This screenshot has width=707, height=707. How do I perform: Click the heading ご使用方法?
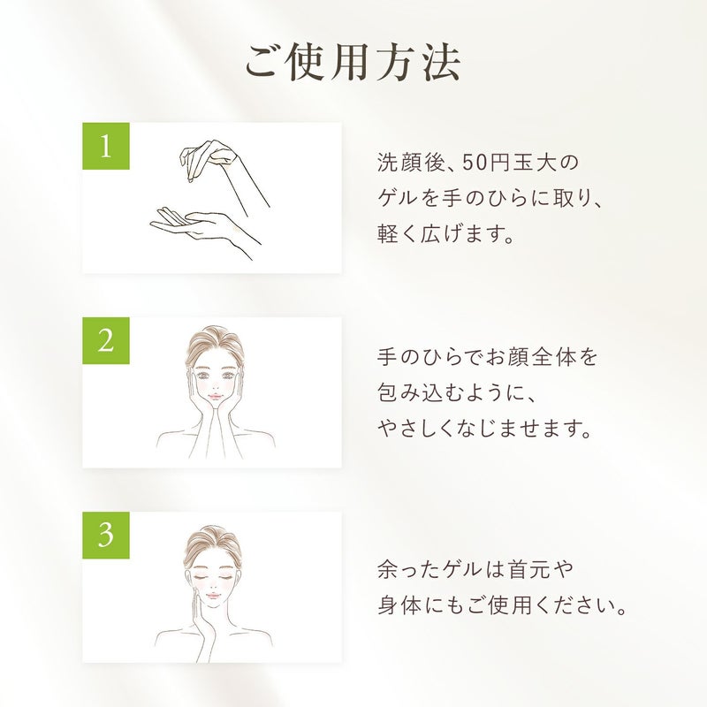[353, 63]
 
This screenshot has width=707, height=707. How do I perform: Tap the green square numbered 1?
[106, 146]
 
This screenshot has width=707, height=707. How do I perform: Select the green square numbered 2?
[106, 341]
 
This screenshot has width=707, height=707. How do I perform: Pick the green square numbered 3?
[106, 536]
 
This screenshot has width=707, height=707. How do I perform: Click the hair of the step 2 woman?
[214, 345]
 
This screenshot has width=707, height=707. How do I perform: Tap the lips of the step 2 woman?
[215, 396]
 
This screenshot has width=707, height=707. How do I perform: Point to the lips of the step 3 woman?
[212, 596]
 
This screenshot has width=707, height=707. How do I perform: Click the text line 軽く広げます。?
[445, 234]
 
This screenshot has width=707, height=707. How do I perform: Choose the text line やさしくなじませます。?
[483, 429]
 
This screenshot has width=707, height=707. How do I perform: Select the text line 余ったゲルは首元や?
[475, 569]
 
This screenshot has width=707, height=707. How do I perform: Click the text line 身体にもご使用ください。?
[502, 605]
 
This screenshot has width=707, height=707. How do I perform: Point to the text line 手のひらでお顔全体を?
[488, 357]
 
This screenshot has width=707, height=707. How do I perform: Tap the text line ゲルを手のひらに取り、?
[490, 198]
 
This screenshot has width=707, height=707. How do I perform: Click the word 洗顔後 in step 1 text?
[411, 163]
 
